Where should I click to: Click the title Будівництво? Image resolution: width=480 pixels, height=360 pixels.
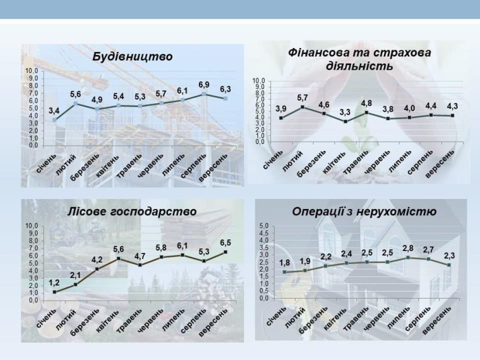coord(132,57)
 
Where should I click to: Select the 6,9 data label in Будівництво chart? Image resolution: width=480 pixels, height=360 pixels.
coord(204,84)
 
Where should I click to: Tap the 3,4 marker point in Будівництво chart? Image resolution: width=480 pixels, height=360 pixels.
coord(54,120)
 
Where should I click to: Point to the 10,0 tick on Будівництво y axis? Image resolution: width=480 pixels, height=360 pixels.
coord(32,71)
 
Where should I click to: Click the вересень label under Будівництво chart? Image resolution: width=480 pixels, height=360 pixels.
coord(214,167)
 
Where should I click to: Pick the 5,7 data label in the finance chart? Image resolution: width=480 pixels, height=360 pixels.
coord(303,98)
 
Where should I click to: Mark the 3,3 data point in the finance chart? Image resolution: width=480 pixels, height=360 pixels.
coord(345,122)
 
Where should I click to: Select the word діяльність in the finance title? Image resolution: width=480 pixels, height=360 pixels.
coord(359,66)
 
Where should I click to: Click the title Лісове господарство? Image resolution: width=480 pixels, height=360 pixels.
coord(132,211)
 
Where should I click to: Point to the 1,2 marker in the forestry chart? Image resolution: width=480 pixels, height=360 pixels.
coord(54,292)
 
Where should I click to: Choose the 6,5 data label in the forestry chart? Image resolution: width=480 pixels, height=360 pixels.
coord(225,243)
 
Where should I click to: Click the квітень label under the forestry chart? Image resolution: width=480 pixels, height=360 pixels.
coord(107,320)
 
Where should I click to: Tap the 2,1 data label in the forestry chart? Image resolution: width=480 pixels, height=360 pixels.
coord(76,276)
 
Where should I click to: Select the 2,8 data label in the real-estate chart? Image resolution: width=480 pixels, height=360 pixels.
coord(408,248)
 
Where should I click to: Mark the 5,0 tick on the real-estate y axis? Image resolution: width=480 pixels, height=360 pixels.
coord(264,225)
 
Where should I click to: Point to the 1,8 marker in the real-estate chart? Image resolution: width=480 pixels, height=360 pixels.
coord(284,272)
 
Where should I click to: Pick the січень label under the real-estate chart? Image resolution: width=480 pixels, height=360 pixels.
coord(276,316)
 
